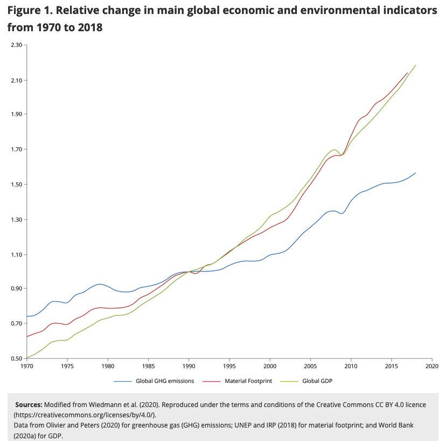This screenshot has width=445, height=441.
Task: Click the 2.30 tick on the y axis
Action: (16, 45)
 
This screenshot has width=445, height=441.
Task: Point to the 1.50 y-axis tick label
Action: (16, 185)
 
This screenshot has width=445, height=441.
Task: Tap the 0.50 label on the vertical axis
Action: (16, 359)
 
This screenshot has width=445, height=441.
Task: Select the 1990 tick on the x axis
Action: (189, 366)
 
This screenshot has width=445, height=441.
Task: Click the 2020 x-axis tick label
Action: (432, 366)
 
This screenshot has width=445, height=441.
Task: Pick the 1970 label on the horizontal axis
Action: (26, 366)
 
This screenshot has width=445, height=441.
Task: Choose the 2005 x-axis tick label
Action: (310, 366)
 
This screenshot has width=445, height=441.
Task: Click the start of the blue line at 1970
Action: (27, 316)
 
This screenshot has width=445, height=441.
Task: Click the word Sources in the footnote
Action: (29, 404)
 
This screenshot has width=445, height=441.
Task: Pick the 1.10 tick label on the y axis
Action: (16, 255)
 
